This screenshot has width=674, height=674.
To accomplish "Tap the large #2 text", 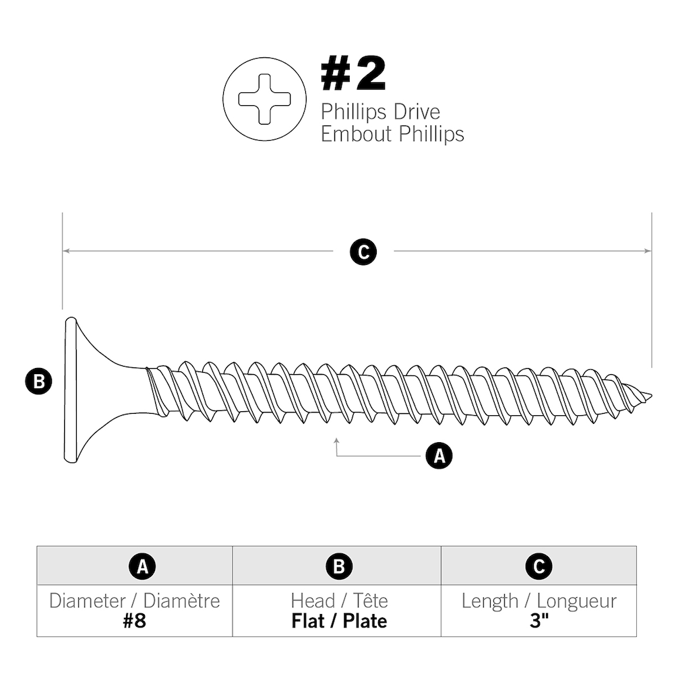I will point(353,75).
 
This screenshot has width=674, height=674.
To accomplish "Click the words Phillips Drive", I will point(380,111).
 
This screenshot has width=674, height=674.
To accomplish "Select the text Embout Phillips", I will point(392,133).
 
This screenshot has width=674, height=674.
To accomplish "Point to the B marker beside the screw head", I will point(38,382).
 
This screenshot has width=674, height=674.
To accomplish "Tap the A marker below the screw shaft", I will point(439,456).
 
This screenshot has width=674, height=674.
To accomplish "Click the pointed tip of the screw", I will point(648,395).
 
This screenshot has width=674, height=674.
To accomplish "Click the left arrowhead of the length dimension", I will point(66,251).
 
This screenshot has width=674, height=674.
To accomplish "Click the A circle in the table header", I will point(142,567).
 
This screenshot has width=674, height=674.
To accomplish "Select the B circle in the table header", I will point(339,567).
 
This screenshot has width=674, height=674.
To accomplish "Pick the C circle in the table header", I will point(539,567).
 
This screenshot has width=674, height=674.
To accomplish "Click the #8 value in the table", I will point(134,621).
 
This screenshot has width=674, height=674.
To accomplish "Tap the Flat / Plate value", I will point(339,621).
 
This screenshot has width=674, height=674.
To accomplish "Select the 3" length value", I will point(539,621).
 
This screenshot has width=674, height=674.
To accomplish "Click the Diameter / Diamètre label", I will point(134,601).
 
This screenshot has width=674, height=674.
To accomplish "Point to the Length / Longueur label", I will point(539,601).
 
